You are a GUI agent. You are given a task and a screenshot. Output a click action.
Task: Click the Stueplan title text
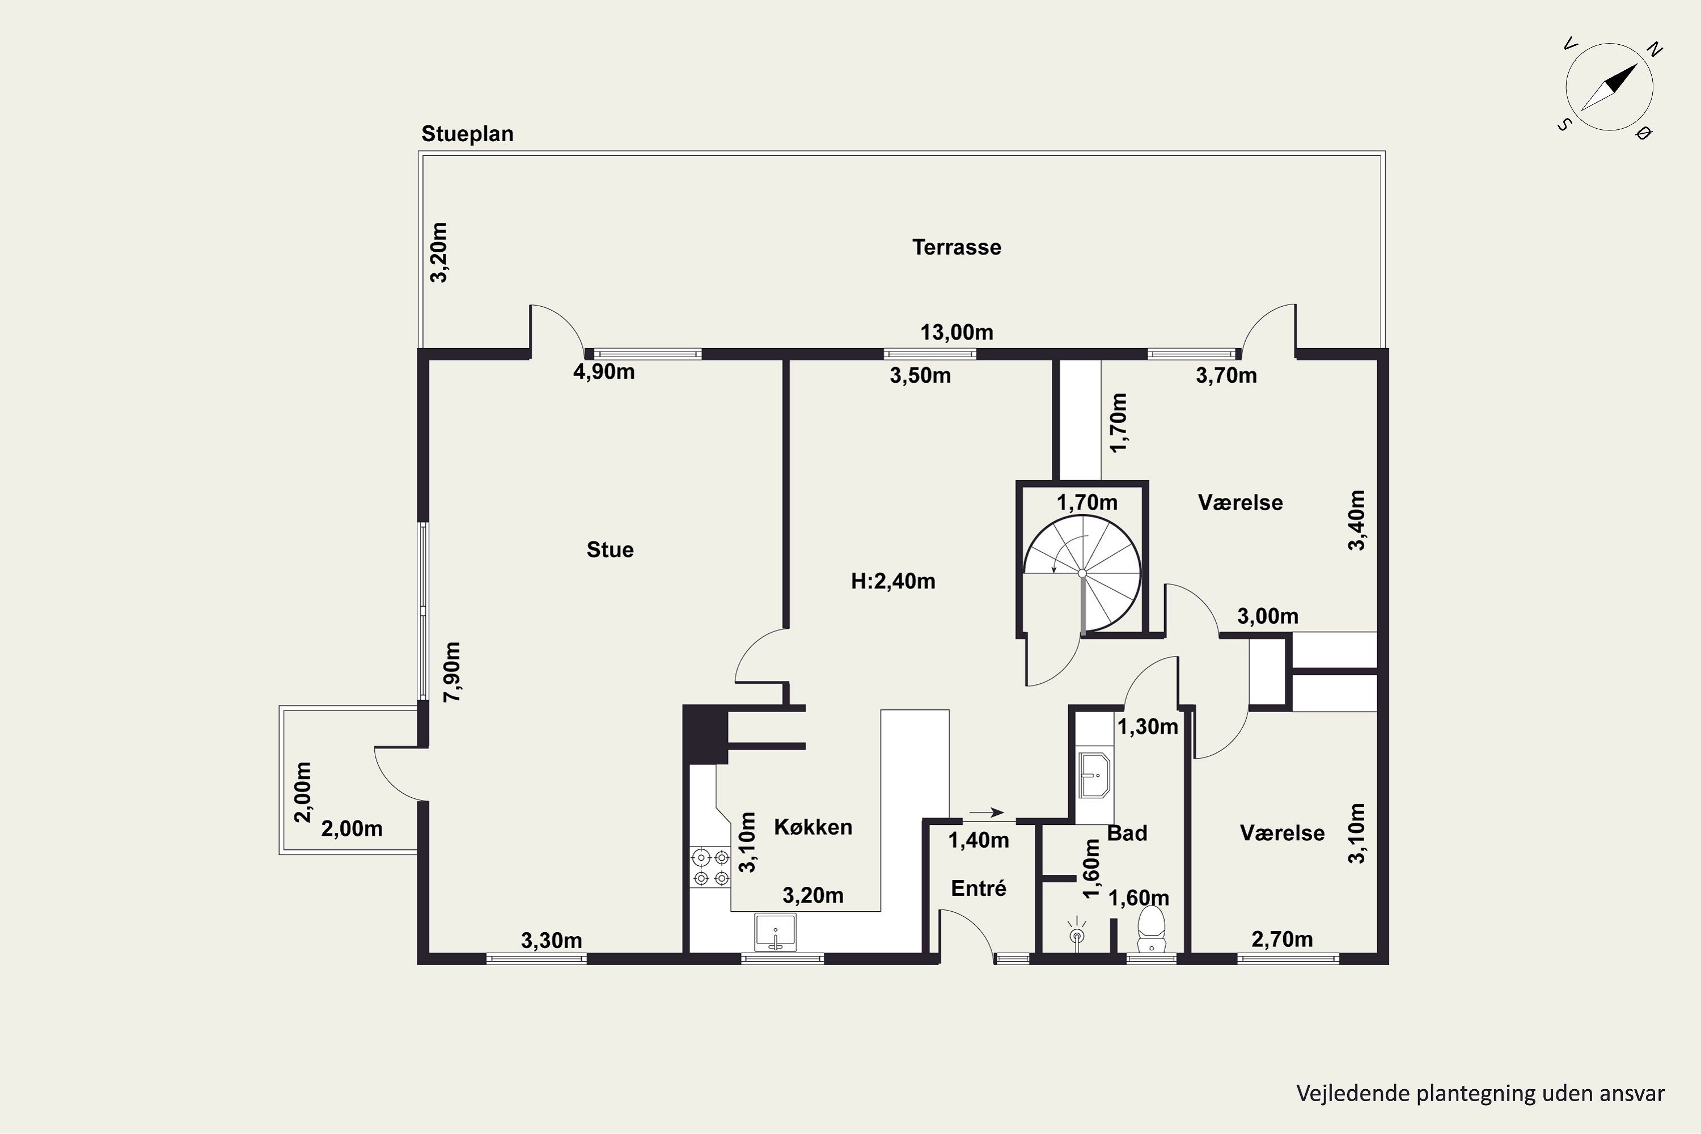[467, 134]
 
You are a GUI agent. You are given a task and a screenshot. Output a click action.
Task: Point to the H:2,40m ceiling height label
[892, 582]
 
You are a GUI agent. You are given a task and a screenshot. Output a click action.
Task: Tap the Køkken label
[813, 827]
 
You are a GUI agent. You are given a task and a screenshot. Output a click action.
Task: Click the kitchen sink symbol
[775, 932]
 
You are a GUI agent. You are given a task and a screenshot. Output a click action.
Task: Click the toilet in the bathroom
[1152, 930]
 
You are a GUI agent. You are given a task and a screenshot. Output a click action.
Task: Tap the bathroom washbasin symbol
[1094, 775]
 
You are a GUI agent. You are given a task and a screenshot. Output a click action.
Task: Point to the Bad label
[1127, 833]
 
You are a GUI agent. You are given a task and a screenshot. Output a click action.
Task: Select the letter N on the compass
[1655, 49]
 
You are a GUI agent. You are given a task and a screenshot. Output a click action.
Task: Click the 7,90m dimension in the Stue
[452, 672]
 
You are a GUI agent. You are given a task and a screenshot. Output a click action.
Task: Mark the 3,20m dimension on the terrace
[438, 252]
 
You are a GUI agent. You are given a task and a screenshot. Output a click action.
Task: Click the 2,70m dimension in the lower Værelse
[1281, 939]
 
